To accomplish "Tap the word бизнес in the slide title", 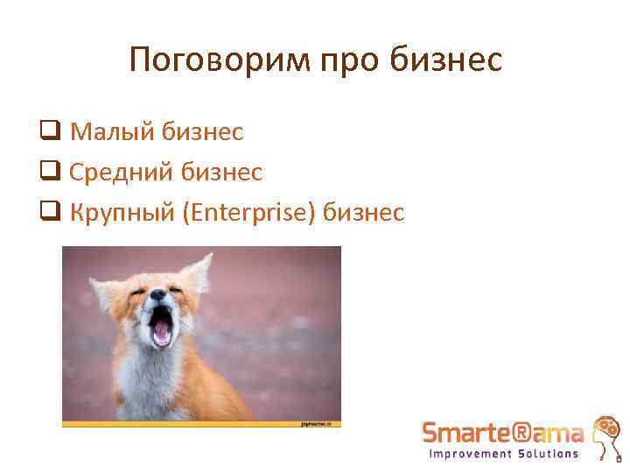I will click(450, 60).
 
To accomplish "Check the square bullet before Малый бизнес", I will click(49, 133).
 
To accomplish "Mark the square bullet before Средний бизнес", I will click(49, 173).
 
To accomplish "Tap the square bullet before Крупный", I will click(49, 213).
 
